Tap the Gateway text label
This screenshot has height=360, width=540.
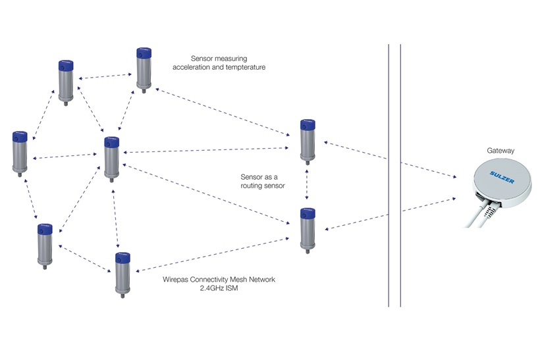point(501,151)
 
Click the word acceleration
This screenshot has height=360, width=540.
point(194,67)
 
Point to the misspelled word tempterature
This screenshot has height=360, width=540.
point(245,67)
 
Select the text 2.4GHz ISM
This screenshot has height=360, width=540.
point(218,288)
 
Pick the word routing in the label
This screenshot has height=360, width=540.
point(255,186)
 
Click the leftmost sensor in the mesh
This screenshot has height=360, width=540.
point(20,152)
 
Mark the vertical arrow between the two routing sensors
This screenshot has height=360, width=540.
point(308,185)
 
